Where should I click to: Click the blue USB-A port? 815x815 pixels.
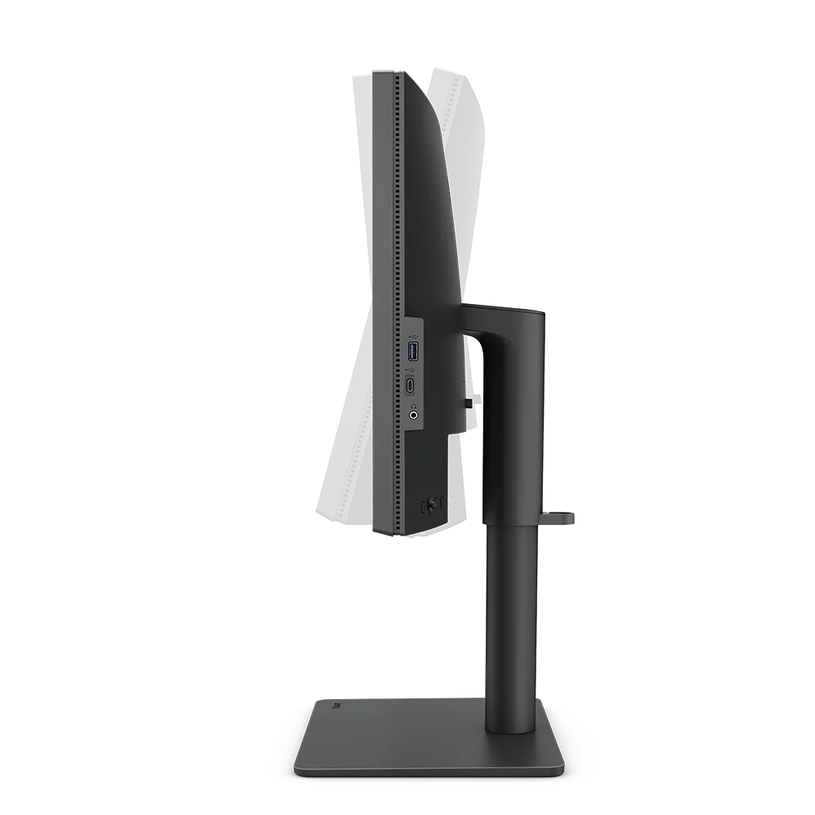(x=413, y=353)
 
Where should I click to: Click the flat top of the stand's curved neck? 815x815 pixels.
(x=502, y=306)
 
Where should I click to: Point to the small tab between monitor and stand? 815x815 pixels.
(x=472, y=401)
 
